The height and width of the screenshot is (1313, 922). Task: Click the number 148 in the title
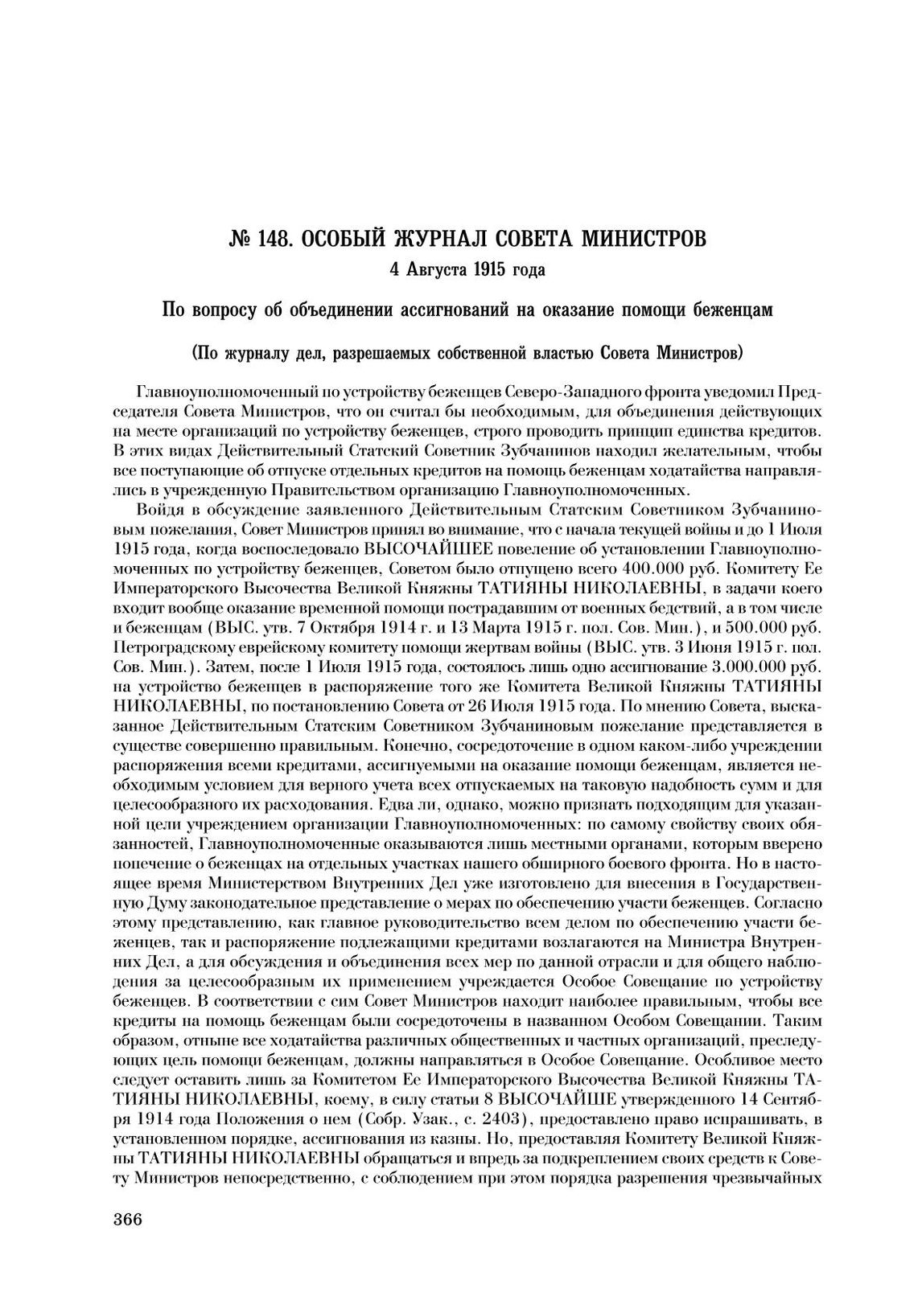(274, 239)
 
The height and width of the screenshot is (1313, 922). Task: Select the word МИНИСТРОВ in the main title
(644, 239)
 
